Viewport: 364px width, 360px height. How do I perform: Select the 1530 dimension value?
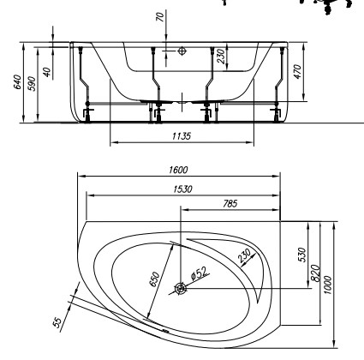[182, 188]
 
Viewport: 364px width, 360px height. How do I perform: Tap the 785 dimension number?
[229, 203]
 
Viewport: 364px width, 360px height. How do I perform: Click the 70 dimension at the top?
[160, 17]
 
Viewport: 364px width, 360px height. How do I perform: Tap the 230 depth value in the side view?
[223, 57]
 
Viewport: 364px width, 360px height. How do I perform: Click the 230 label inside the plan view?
[247, 257]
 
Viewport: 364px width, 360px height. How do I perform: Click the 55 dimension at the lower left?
[57, 321]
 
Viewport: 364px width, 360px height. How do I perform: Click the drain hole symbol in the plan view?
[181, 289]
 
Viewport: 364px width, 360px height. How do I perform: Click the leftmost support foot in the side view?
[89, 111]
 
